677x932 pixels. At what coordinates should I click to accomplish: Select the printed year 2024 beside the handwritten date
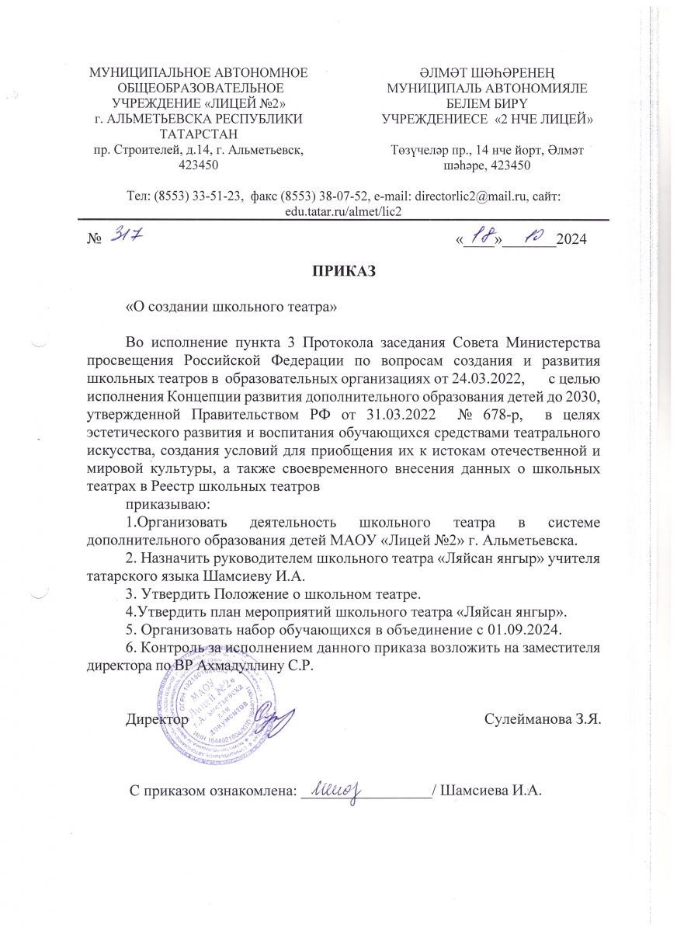pos(572,238)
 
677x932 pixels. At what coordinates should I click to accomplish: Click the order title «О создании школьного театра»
pos(231,307)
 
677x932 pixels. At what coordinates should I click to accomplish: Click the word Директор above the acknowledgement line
pos(157,719)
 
